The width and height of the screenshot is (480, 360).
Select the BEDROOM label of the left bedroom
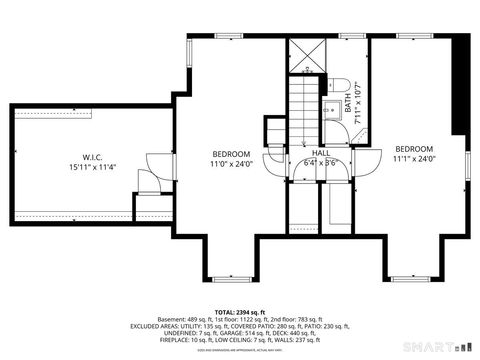[x=229, y=153]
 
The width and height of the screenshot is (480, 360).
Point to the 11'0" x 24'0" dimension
[x=229, y=164]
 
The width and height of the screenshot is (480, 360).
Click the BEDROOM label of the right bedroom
[x=412, y=148]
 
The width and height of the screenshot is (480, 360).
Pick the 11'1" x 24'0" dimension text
[x=412, y=158]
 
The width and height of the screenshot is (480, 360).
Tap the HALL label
[x=320, y=153]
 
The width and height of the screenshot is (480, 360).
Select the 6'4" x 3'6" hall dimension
[x=320, y=163]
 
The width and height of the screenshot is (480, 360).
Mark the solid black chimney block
[x=461, y=85]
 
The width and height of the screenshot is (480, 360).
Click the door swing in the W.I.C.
[x=150, y=179]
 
